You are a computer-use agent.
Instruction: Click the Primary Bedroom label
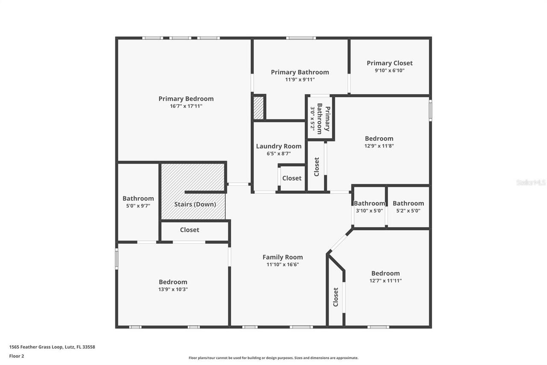[x=186, y=99]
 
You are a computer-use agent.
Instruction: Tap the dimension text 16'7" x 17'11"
[x=186, y=106]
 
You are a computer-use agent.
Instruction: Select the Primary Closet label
[x=389, y=63]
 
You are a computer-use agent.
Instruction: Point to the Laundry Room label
[x=279, y=146]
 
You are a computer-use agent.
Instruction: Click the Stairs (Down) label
[x=195, y=204]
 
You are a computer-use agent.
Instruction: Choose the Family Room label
[x=282, y=257]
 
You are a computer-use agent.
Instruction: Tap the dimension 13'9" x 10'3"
[x=173, y=289]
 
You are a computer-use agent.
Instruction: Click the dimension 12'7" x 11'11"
[x=385, y=281]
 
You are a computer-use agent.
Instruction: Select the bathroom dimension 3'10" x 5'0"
[x=369, y=211]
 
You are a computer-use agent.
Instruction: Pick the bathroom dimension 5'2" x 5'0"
[x=408, y=211]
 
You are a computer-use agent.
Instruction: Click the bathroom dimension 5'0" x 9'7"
[x=138, y=206]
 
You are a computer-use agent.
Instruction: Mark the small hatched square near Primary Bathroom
[x=259, y=108]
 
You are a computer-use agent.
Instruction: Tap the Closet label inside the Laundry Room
[x=292, y=178]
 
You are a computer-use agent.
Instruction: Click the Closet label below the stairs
[x=189, y=230]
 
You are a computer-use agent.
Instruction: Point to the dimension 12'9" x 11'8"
[x=379, y=146]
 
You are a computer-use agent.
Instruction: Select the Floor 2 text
[x=17, y=356]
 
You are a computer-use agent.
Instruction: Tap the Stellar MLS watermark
[x=531, y=183]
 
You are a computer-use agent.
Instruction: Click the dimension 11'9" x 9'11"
[x=300, y=79]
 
